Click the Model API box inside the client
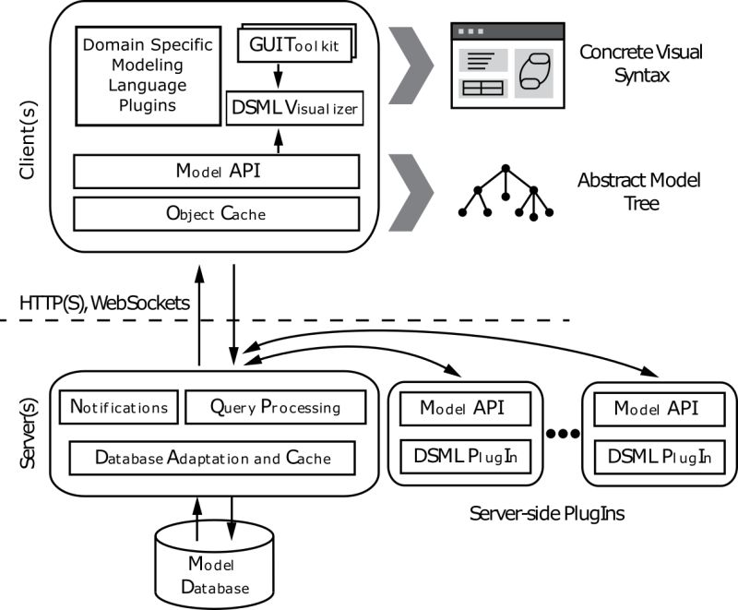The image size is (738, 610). tap(216, 172)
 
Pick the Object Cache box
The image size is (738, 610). tap(216, 214)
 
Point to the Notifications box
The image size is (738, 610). tap(119, 407)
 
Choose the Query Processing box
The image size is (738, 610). tap(275, 407)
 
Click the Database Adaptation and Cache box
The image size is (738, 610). tap(213, 457)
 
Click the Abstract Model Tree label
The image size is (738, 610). tap(639, 192)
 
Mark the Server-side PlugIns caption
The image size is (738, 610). tap(546, 513)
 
